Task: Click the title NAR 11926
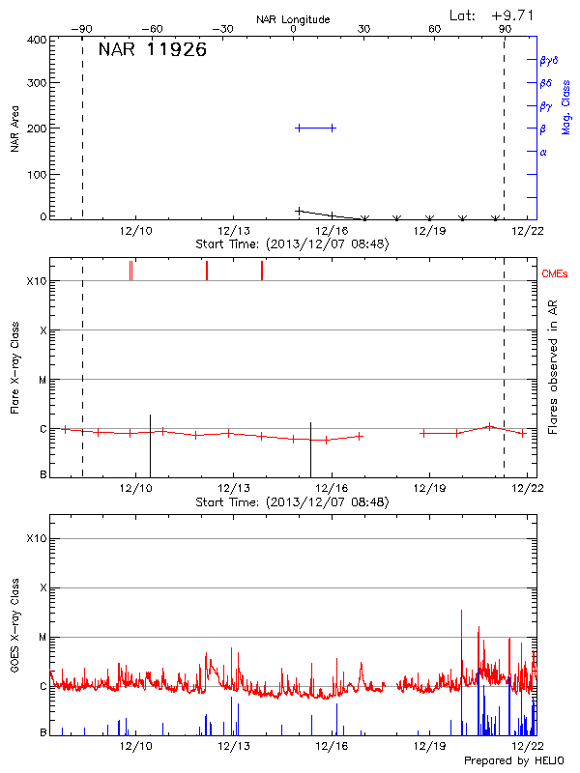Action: point(153,50)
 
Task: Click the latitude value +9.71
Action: point(512,14)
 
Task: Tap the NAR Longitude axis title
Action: point(293,18)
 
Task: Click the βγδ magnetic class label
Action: point(549,60)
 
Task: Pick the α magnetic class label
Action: point(543,152)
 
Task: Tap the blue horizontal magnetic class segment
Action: point(315,128)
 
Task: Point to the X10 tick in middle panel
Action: point(37,281)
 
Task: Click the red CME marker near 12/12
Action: point(206,271)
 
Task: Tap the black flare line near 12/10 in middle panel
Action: point(150,445)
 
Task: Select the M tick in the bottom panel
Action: point(43,638)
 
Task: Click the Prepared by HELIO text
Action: point(518,760)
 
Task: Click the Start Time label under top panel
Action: point(292,244)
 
